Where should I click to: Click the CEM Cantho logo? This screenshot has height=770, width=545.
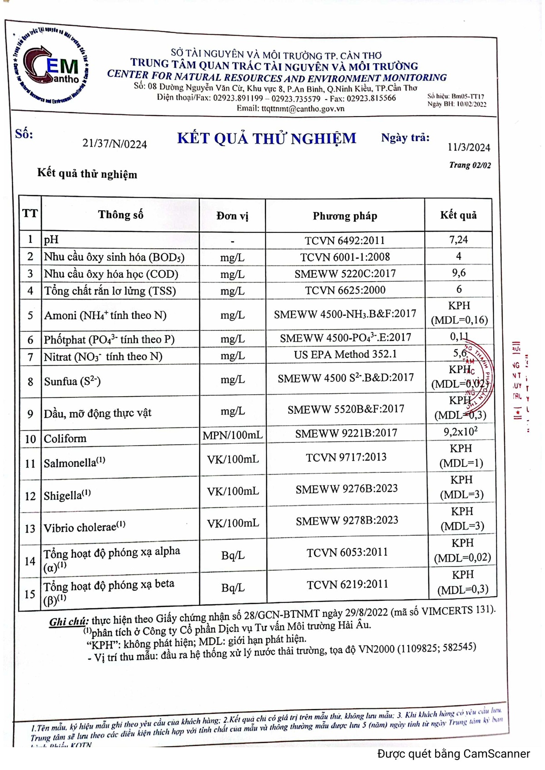coord(51,67)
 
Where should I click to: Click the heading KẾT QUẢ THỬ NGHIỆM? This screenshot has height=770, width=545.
coord(267,138)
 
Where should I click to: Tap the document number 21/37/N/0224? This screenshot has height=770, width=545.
coord(114,144)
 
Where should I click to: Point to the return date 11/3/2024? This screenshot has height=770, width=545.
coord(469,147)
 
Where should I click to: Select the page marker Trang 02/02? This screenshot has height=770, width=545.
coord(470,165)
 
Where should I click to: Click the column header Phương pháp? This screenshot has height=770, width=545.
coord(345,216)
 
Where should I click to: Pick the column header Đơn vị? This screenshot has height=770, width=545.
coord(232,216)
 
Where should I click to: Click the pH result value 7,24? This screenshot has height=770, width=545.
coord(458,240)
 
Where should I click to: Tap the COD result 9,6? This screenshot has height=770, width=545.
coord(459,273)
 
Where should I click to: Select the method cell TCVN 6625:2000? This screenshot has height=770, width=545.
coord(345,290)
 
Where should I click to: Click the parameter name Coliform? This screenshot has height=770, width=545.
coord(65,438)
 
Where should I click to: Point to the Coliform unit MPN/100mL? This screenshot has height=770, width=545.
coord(233,435)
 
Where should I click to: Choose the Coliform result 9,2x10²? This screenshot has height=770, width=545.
coord(461,432)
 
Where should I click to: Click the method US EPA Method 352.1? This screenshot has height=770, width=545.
coord(345,354)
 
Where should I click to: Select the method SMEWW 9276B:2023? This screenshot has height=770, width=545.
coord(347,489)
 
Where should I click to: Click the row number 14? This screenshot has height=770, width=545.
coord(30,561)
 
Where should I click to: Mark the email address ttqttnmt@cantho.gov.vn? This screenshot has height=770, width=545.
coord(290,108)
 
